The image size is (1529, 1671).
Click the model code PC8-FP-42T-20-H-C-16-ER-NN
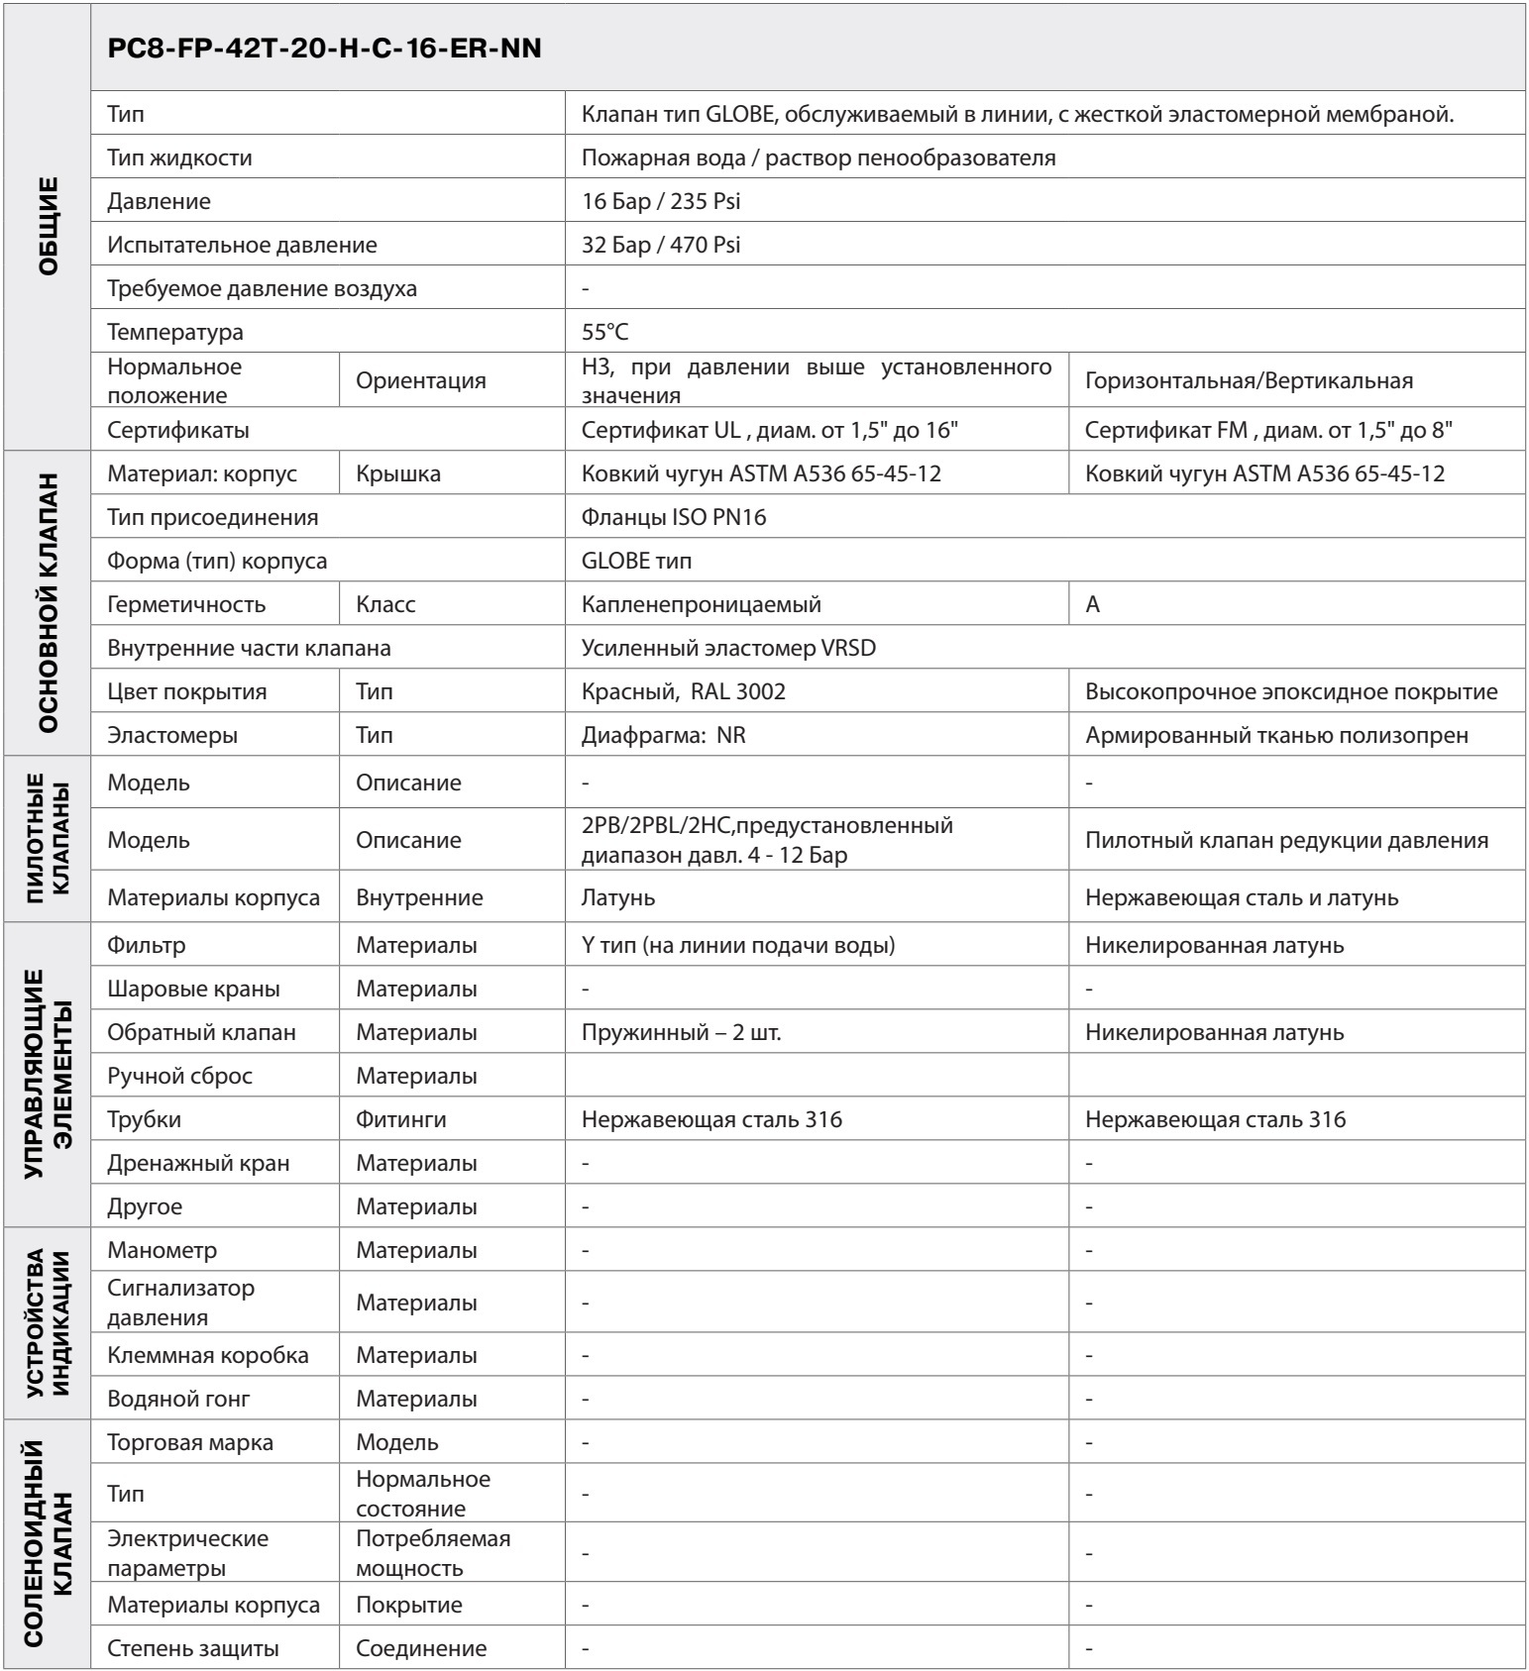click(x=324, y=49)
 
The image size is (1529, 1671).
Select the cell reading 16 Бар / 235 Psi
click(x=661, y=201)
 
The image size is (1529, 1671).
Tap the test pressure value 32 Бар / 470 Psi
click(x=661, y=245)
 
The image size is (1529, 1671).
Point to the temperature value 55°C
click(x=605, y=332)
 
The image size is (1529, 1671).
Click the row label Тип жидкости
click(x=180, y=157)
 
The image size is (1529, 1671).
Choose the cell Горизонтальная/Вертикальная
click(x=1249, y=380)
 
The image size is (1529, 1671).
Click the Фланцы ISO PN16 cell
click(x=674, y=517)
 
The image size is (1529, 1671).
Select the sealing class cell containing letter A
click(x=1093, y=604)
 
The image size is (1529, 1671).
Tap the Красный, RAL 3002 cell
click(x=684, y=691)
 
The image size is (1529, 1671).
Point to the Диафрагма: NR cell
click(x=664, y=736)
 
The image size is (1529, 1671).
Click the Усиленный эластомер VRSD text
click(x=728, y=648)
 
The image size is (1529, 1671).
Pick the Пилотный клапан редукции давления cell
click(x=1286, y=840)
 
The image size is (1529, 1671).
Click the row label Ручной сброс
click(x=180, y=1076)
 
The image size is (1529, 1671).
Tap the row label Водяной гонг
click(x=179, y=1399)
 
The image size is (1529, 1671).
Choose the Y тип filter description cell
click(x=738, y=945)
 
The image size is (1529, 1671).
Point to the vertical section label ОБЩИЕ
click(x=48, y=226)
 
